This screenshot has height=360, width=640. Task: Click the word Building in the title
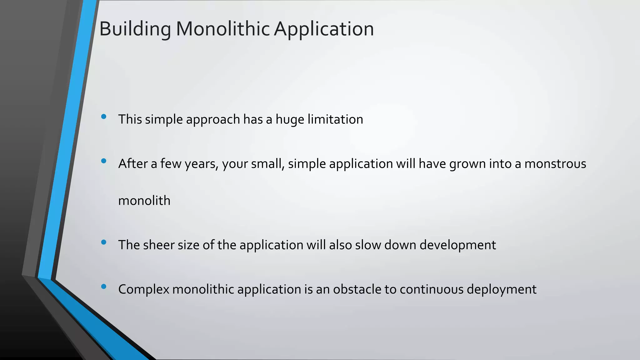pos(135,29)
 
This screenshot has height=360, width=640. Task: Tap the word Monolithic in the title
pos(223,29)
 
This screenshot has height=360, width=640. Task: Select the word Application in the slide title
pos(324,29)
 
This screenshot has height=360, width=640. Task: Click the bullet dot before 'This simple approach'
pos(104,117)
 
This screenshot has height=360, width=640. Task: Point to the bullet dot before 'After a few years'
pos(104,161)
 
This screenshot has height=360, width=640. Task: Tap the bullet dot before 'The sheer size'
pos(104,242)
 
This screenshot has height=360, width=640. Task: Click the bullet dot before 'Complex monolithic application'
pos(104,286)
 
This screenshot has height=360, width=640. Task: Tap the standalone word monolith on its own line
pos(144,201)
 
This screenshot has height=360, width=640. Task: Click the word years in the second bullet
pos(201,164)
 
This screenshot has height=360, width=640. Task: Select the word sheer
pos(159,245)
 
